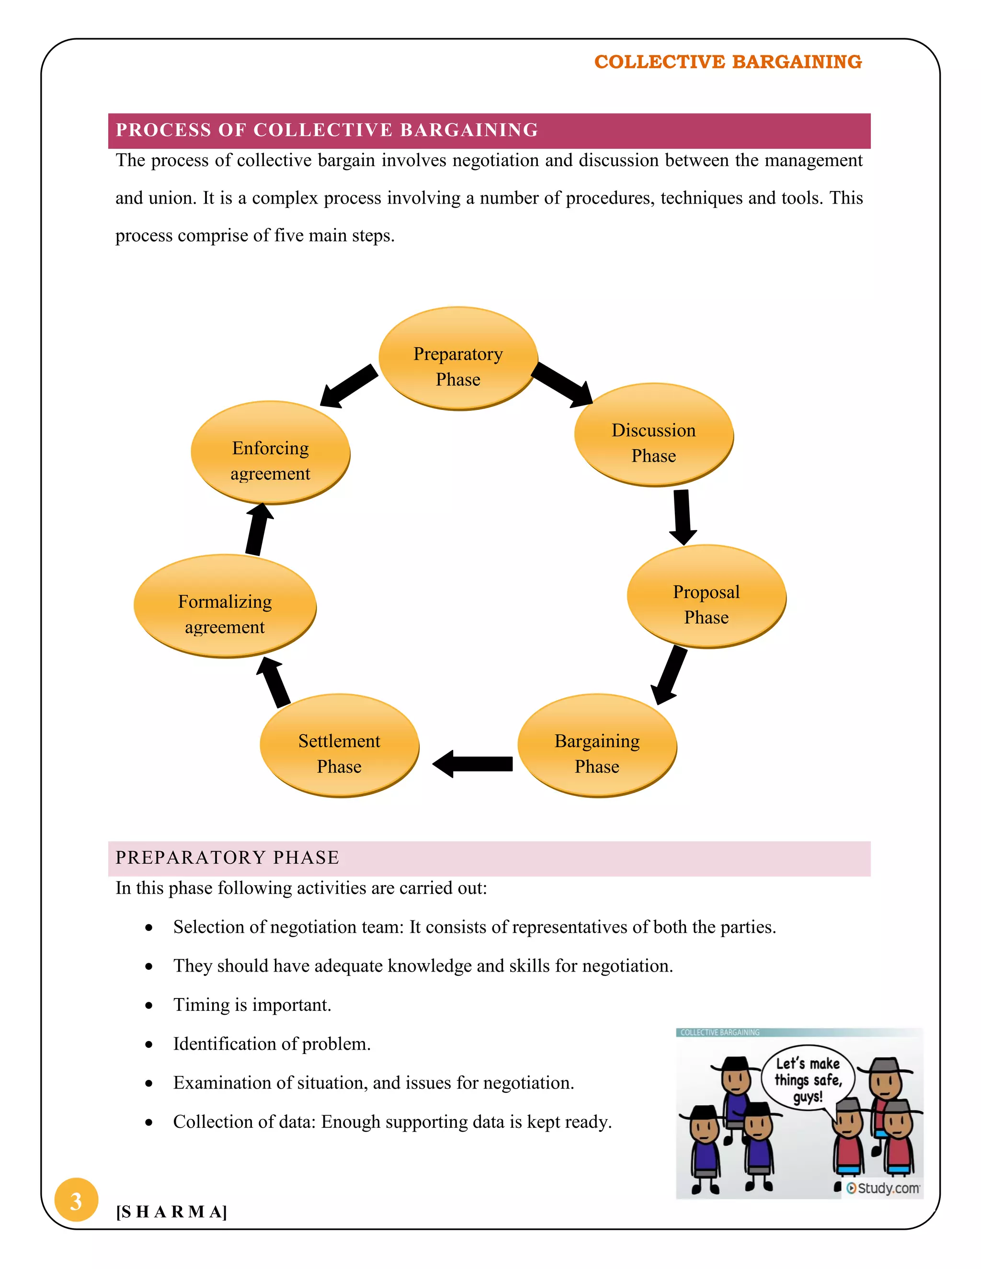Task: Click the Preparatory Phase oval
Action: click(458, 359)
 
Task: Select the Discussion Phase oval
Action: click(653, 435)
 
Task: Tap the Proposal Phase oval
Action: click(706, 596)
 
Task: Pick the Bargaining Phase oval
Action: click(597, 746)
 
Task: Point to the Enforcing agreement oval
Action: click(270, 453)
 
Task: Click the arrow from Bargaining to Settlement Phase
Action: click(473, 763)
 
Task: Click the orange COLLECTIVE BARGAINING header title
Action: click(728, 62)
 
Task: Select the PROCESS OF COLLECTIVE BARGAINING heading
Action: click(327, 130)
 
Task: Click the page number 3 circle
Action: click(76, 1200)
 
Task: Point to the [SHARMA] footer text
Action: click(171, 1212)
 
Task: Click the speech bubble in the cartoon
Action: click(808, 1079)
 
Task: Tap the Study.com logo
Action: click(883, 1188)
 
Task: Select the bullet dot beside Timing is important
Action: click(149, 1005)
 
